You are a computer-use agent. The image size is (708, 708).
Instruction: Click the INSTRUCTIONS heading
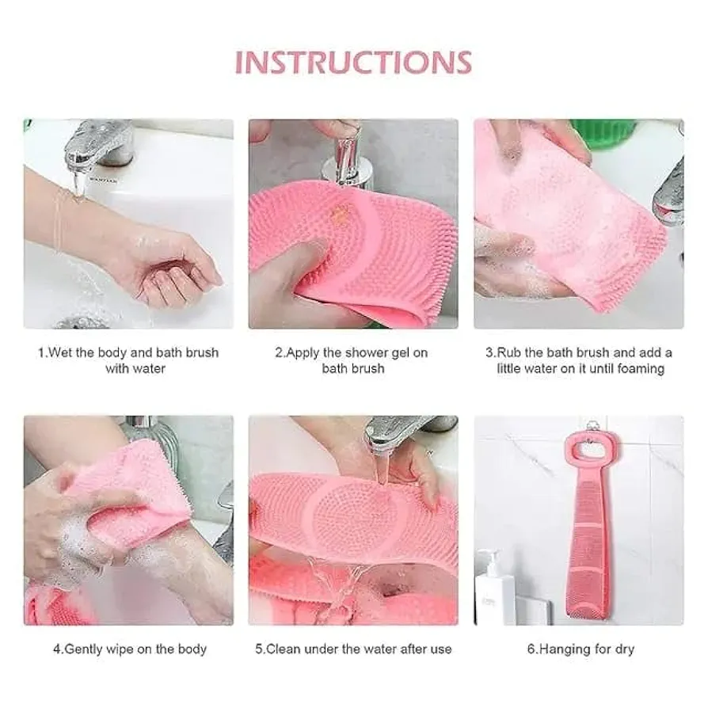click(353, 63)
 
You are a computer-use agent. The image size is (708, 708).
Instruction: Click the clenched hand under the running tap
click(176, 271)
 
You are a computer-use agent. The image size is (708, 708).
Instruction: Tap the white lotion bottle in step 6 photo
click(495, 587)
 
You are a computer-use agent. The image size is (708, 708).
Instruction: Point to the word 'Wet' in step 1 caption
click(59, 352)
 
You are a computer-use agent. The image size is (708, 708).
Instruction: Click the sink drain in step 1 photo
click(82, 322)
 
